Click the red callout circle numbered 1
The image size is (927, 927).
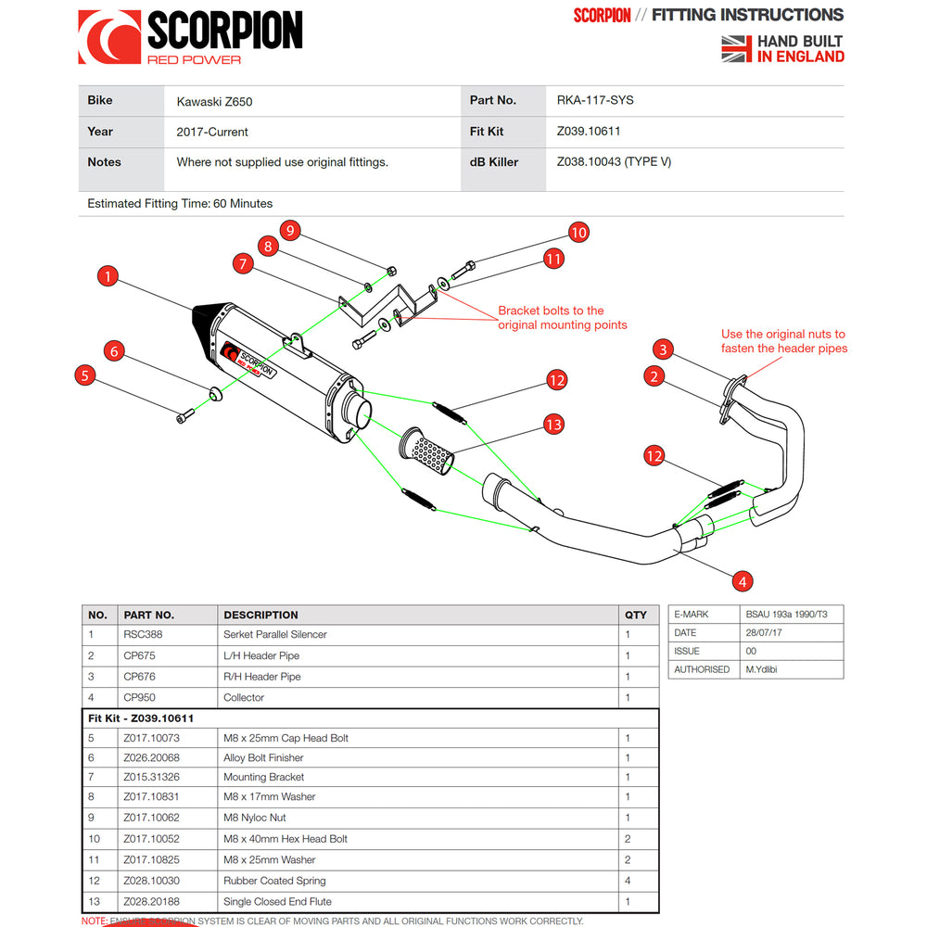(108, 276)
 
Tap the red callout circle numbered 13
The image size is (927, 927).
(553, 425)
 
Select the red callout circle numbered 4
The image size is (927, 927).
(742, 581)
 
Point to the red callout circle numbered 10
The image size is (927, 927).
(578, 232)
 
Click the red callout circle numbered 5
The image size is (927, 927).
(85, 375)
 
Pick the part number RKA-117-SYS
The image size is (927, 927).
(595, 100)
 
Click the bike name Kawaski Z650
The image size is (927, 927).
(214, 101)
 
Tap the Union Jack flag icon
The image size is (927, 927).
(736, 48)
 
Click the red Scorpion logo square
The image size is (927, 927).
(109, 37)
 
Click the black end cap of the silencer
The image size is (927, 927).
(206, 325)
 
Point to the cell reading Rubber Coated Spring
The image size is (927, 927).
(274, 881)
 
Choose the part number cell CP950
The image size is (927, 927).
(141, 697)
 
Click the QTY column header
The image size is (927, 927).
(636, 615)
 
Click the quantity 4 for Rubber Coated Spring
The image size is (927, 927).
(628, 881)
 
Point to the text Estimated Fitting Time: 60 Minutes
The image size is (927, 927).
(180, 203)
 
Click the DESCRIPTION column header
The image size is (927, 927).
(260, 615)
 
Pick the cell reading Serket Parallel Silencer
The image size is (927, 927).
(275, 635)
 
